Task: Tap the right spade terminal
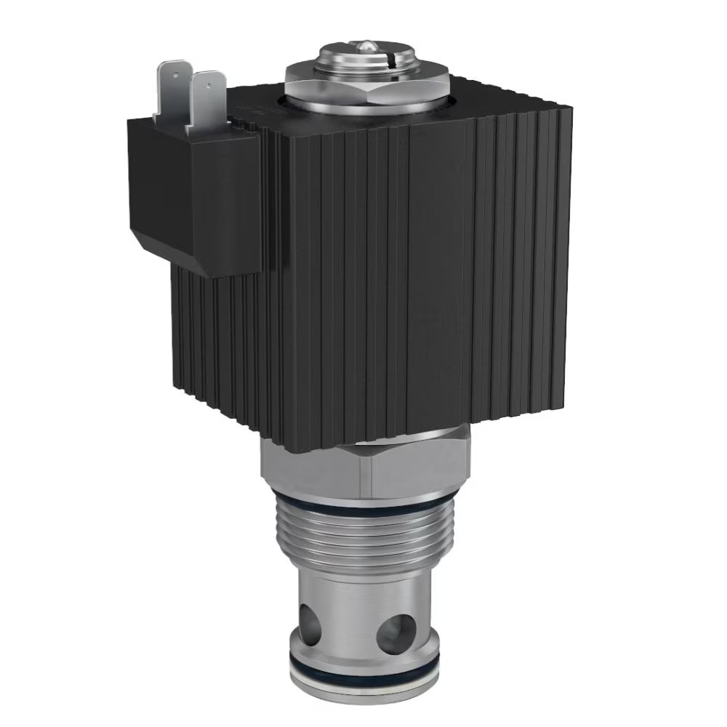click(205, 101)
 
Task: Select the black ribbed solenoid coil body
click(407, 276)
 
